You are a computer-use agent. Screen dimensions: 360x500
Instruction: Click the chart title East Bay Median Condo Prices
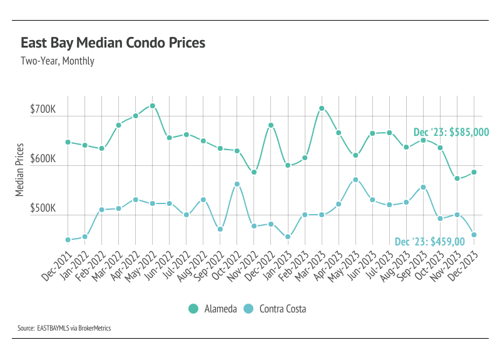pyautogui.click(x=113, y=44)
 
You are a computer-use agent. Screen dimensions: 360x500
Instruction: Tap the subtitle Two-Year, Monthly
pyautogui.click(x=58, y=61)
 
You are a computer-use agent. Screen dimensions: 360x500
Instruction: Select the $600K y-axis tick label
pyautogui.click(x=43, y=160)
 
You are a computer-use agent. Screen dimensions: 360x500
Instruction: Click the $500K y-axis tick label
pyautogui.click(x=43, y=209)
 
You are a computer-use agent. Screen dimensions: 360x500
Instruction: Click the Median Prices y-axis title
pyautogui.click(x=21, y=170)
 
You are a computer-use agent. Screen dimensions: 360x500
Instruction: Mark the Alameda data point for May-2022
pyautogui.click(x=153, y=106)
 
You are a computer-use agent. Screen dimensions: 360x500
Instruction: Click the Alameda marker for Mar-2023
pyautogui.click(x=322, y=108)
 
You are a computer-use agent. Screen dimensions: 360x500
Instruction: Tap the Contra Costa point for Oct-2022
pyautogui.click(x=237, y=184)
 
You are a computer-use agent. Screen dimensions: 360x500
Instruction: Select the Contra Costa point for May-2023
pyautogui.click(x=355, y=180)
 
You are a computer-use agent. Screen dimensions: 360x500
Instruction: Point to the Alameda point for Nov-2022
pyautogui.click(x=254, y=172)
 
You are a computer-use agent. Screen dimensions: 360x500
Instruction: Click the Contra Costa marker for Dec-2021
pyautogui.click(x=68, y=240)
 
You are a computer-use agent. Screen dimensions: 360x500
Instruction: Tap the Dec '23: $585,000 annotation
pyautogui.click(x=451, y=133)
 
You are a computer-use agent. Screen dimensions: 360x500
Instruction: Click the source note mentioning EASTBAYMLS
pyautogui.click(x=64, y=328)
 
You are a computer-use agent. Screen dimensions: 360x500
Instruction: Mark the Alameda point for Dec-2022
pyautogui.click(x=271, y=125)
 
